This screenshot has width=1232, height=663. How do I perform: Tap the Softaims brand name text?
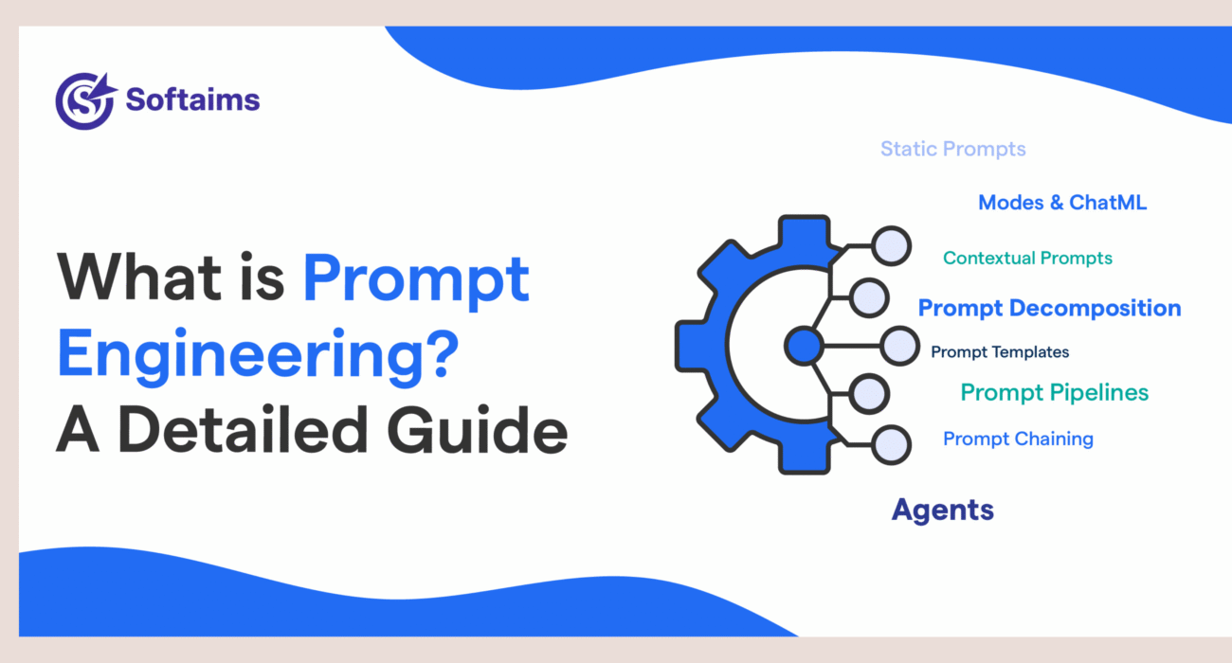pos(192,99)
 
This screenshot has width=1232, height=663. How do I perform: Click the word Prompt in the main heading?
pos(416,280)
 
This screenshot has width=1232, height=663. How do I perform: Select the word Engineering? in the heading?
pos(253,355)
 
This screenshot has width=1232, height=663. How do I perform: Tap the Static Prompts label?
pos(952,149)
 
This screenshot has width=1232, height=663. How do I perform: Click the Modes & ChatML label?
pos(1061,202)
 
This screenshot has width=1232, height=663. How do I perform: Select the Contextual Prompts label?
pos(1027,258)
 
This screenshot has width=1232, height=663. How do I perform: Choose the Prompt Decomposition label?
pos(1049,308)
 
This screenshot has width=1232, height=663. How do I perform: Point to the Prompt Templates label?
pos(999,352)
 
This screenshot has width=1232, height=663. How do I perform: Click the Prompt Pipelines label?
pos(1054,392)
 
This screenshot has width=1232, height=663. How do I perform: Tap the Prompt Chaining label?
pos(1018,439)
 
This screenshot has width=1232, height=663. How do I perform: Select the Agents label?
pos(942,510)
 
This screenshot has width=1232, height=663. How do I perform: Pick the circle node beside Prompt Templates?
pos(898,346)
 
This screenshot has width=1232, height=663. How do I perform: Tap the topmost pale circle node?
pos(891,246)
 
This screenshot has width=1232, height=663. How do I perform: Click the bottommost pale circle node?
pos(891,443)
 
